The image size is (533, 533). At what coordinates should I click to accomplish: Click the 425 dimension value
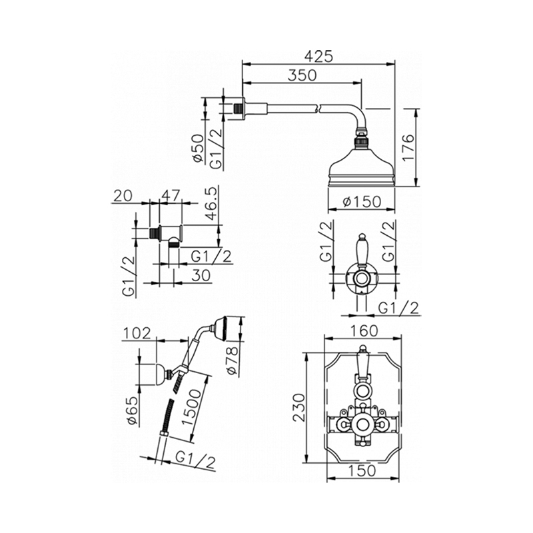click(x=318, y=57)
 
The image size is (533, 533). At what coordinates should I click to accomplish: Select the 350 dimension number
click(x=302, y=75)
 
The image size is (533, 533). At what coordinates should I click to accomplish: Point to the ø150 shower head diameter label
click(x=362, y=202)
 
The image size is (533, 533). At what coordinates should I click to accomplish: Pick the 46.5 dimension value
click(x=211, y=204)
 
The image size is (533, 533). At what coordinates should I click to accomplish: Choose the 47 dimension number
click(x=171, y=195)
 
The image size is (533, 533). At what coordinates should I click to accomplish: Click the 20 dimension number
click(x=123, y=195)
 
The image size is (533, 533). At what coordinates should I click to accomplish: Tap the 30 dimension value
click(x=201, y=275)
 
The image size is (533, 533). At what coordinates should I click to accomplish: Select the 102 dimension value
click(x=137, y=334)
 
